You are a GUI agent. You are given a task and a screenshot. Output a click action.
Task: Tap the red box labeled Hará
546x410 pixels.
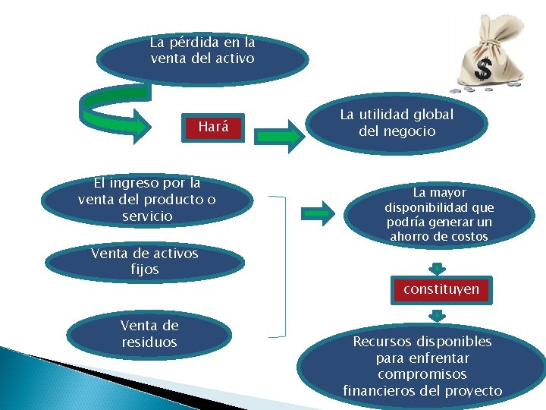[213, 128]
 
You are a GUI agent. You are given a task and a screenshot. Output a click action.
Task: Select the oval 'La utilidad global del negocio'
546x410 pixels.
[396, 124]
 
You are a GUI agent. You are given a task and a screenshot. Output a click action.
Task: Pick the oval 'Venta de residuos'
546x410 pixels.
[149, 335]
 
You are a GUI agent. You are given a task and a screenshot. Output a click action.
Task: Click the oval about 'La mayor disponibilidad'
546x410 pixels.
[438, 215]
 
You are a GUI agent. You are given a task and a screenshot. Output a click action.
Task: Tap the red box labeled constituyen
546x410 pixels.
[441, 290]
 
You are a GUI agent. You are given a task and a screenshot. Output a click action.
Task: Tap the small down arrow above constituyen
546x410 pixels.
[437, 268]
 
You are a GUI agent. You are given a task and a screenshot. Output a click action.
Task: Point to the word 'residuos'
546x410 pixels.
[149, 342]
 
